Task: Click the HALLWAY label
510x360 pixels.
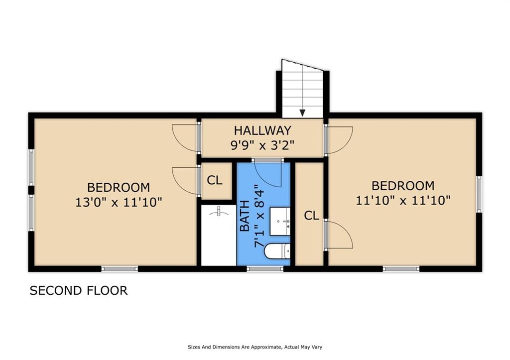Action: coord(262,130)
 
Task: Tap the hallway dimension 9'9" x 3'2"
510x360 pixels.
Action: coord(262,145)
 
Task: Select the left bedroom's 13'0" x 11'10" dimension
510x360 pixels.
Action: coord(119,202)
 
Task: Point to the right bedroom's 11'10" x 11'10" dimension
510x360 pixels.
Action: coord(403,200)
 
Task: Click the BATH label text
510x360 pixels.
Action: coord(245,216)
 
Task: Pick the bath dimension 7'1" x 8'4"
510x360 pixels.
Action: coord(259,216)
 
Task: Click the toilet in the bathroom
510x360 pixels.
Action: coord(277,251)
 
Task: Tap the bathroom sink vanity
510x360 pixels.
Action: coord(280,221)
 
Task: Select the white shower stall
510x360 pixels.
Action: coord(219,235)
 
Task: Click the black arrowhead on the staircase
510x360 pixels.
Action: coord(302,113)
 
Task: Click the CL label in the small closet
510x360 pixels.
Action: coord(215,180)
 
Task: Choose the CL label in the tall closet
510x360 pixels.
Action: coord(312,215)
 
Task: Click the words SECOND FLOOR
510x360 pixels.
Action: coord(79,290)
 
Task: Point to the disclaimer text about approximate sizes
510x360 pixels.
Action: coord(255,347)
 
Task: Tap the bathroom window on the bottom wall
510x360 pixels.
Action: coord(265,269)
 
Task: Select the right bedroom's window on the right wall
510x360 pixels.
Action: coord(479,194)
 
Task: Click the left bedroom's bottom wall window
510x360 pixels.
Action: coord(120,269)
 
